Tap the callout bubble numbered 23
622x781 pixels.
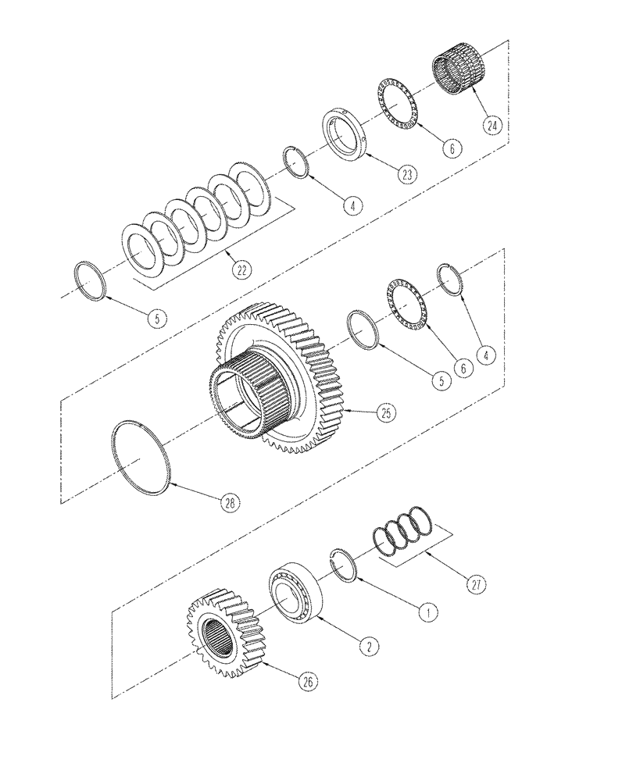pos(407,175)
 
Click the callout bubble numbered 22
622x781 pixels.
pos(243,270)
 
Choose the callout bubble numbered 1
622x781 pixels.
pos(427,613)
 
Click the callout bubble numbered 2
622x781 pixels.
pos(368,645)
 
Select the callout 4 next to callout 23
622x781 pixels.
pos(352,206)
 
